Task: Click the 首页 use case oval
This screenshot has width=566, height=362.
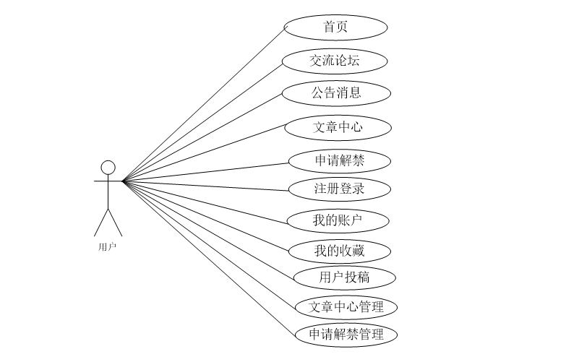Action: pyautogui.click(x=335, y=27)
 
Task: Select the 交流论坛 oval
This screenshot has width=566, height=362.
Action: pyautogui.click(x=335, y=61)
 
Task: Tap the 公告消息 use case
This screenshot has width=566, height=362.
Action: pyautogui.click(x=336, y=92)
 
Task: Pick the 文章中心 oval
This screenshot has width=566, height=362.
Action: pyautogui.click(x=338, y=128)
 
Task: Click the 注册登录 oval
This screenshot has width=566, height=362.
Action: pyautogui.click(x=339, y=189)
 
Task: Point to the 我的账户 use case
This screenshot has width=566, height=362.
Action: pyautogui.click(x=338, y=220)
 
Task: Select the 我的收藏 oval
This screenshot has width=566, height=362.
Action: pyautogui.click(x=339, y=251)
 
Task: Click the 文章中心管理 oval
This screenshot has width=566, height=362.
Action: pyautogui.click(x=346, y=306)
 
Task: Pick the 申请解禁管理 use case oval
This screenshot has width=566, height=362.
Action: pyautogui.click(x=346, y=335)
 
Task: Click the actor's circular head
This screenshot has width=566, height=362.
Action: pyautogui.click(x=108, y=168)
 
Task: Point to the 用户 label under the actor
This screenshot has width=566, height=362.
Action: pyautogui.click(x=107, y=246)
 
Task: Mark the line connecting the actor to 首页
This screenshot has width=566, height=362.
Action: pyautogui.click(x=203, y=104)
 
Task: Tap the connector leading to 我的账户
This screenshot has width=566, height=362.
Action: pyautogui.click(x=206, y=200)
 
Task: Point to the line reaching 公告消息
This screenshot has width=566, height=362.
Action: pyautogui.click(x=202, y=137)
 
